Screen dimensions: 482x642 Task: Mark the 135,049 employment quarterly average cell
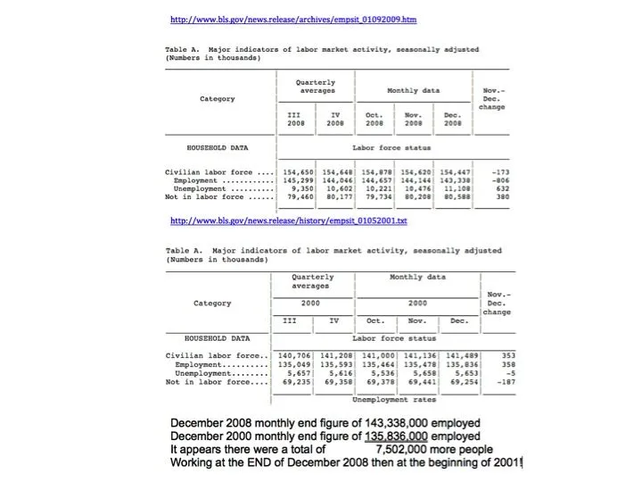coord(294,364)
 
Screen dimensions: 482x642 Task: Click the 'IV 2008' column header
coord(335,119)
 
